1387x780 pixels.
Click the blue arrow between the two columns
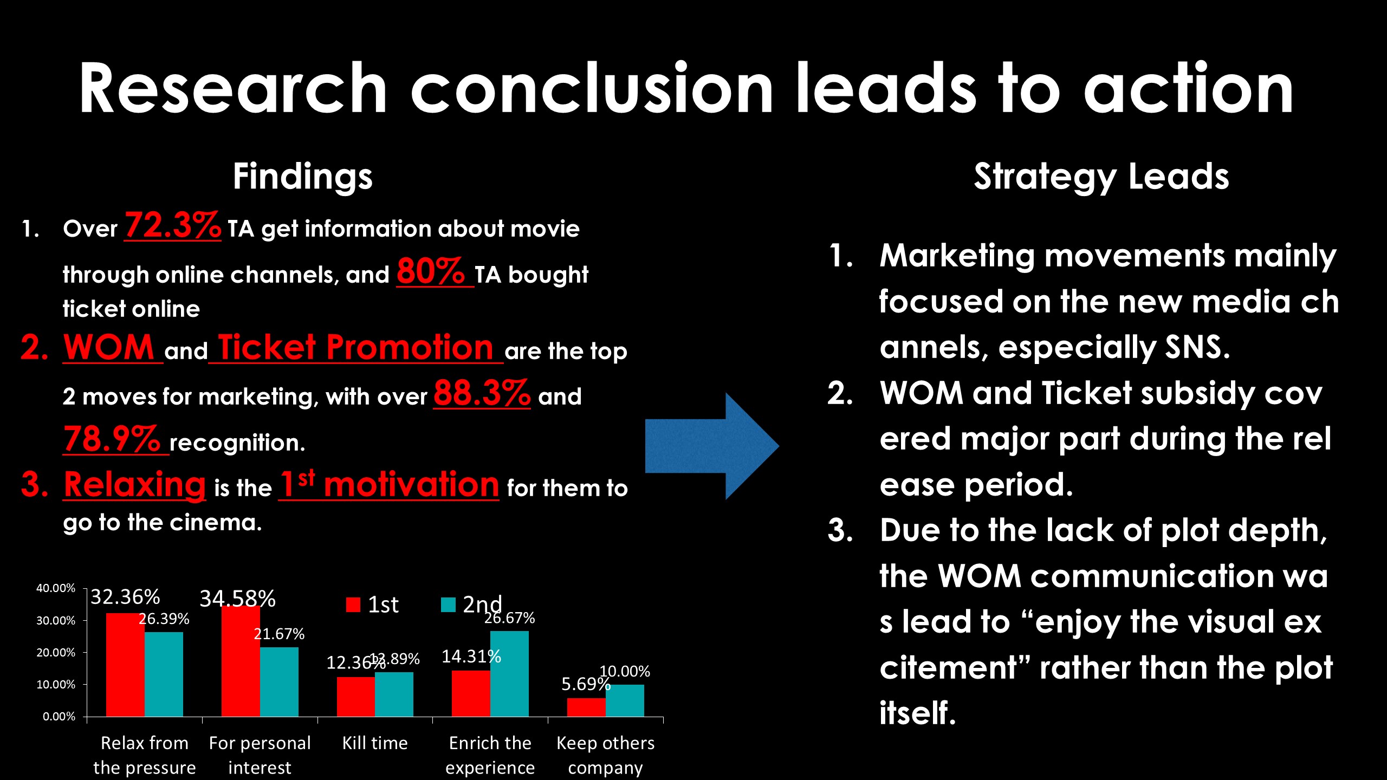click(x=712, y=446)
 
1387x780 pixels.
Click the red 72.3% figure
click(x=172, y=225)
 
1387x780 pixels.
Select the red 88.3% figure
click(x=482, y=393)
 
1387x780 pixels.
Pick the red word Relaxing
click(x=135, y=484)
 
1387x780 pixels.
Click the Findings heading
click(x=303, y=177)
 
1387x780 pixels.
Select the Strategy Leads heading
click(x=1101, y=177)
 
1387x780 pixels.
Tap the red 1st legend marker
click(x=353, y=604)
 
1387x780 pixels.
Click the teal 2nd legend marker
click(x=449, y=604)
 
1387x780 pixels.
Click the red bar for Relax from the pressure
click(x=125, y=665)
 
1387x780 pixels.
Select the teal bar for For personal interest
click(x=279, y=682)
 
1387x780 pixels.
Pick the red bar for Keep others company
click(x=586, y=707)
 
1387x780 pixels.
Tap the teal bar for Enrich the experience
click(x=509, y=674)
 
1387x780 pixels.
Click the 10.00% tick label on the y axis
click(x=56, y=685)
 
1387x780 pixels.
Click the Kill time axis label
click(x=375, y=743)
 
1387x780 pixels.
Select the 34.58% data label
click(x=237, y=599)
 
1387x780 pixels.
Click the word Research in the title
click(x=233, y=88)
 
